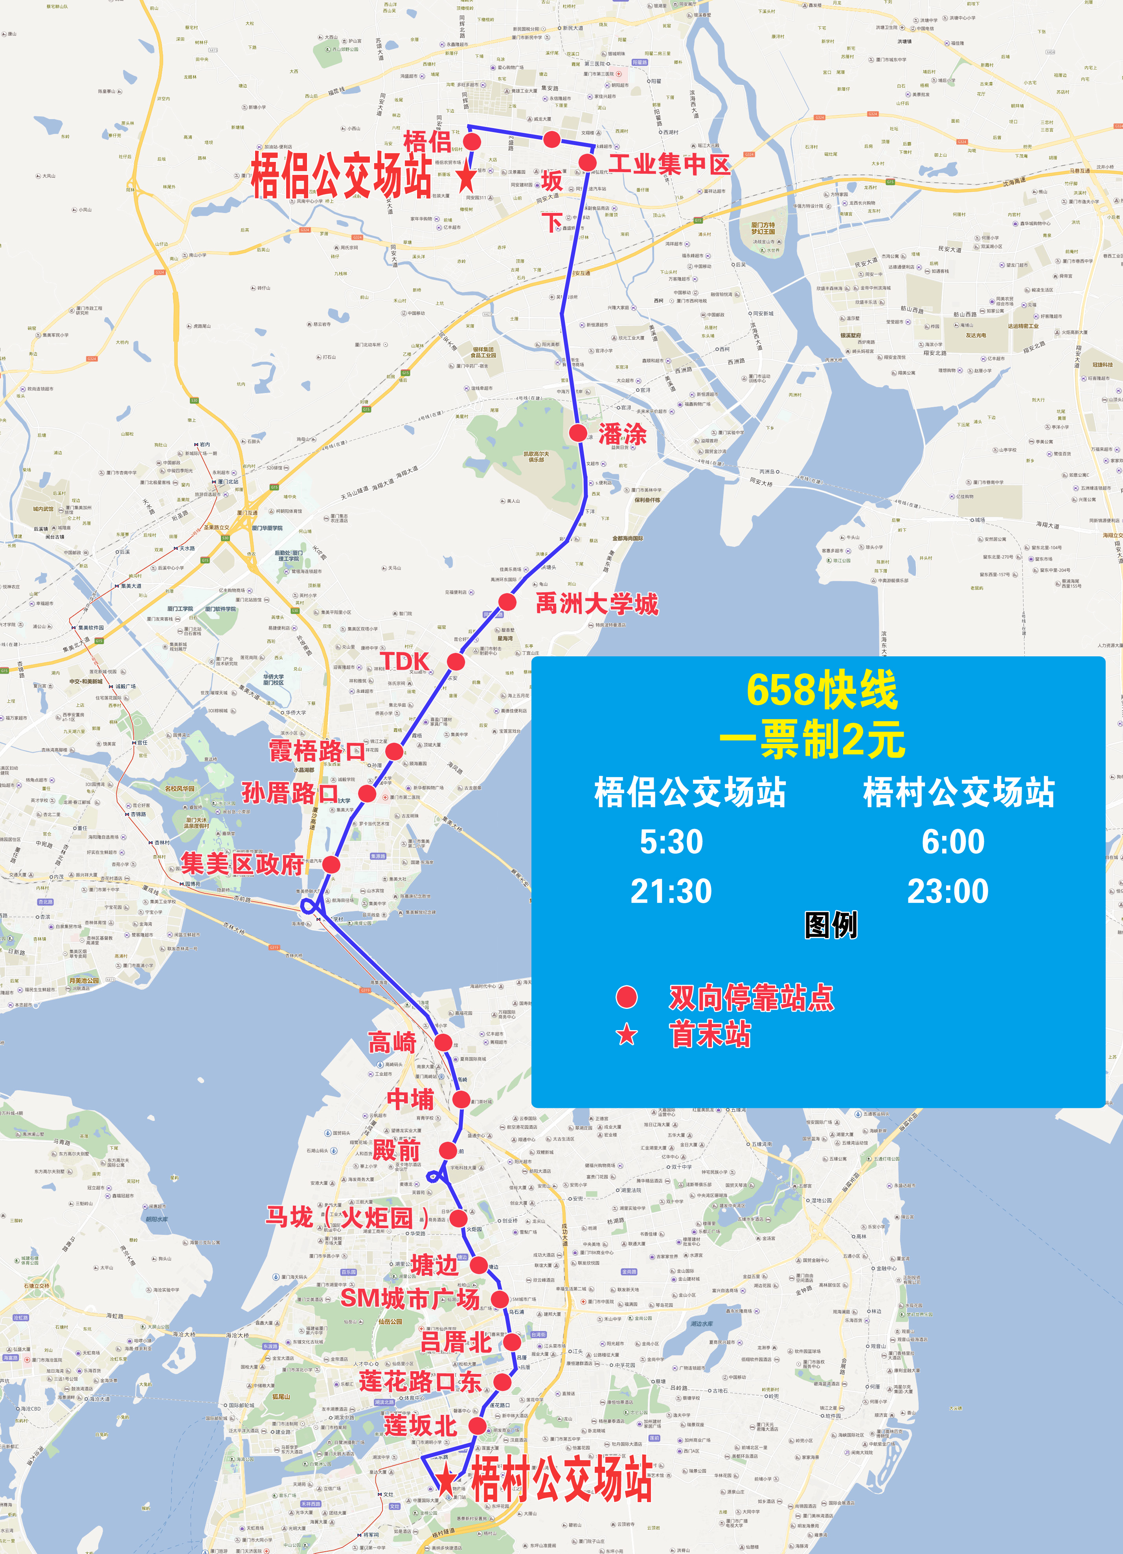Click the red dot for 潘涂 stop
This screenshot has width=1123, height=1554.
coord(578,432)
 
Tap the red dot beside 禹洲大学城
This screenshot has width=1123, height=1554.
coord(507,602)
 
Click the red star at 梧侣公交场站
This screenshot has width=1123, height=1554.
coord(466,177)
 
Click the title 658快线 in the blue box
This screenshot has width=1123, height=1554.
coord(821,690)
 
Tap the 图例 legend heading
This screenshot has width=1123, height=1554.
coord(831,925)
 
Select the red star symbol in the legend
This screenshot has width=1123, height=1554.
coord(626,1035)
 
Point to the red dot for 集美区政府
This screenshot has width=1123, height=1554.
coord(331,864)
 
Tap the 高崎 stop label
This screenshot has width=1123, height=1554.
coord(392,1042)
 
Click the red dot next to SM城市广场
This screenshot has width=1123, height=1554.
coord(500,1299)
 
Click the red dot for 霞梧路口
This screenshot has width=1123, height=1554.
coord(394,751)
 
